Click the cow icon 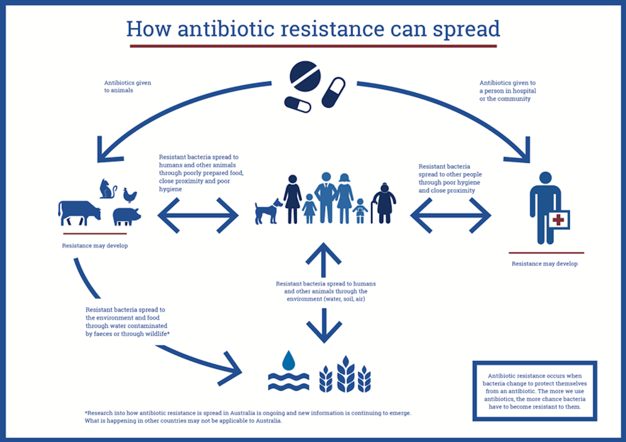tap(79, 213)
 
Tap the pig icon tap(127, 216)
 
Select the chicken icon tap(130, 195)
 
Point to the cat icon tap(108, 189)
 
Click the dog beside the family tap(268, 211)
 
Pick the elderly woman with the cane tap(384, 203)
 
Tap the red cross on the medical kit tap(558, 220)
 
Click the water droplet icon tap(289, 360)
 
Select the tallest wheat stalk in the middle tap(346, 374)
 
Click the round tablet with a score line tap(305, 76)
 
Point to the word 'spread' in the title tap(466, 29)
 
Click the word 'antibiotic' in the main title tap(226, 29)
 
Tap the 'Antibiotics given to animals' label tap(127, 86)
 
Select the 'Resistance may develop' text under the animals tap(95, 246)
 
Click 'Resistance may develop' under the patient tap(545, 263)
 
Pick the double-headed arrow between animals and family tap(198, 216)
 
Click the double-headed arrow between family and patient tap(451, 216)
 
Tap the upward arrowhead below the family tap(323, 253)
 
